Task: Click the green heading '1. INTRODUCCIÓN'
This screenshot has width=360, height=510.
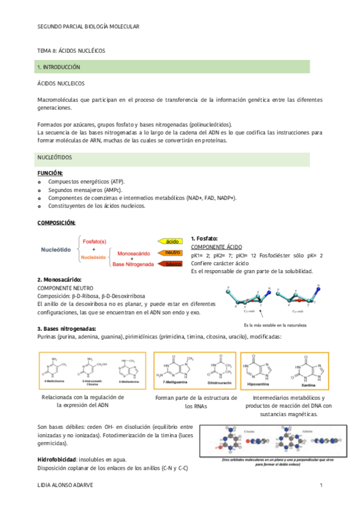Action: coord(59,67)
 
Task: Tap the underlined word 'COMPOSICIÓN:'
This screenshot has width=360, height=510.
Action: coord(56,223)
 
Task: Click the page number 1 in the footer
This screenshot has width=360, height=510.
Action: coord(322,485)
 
